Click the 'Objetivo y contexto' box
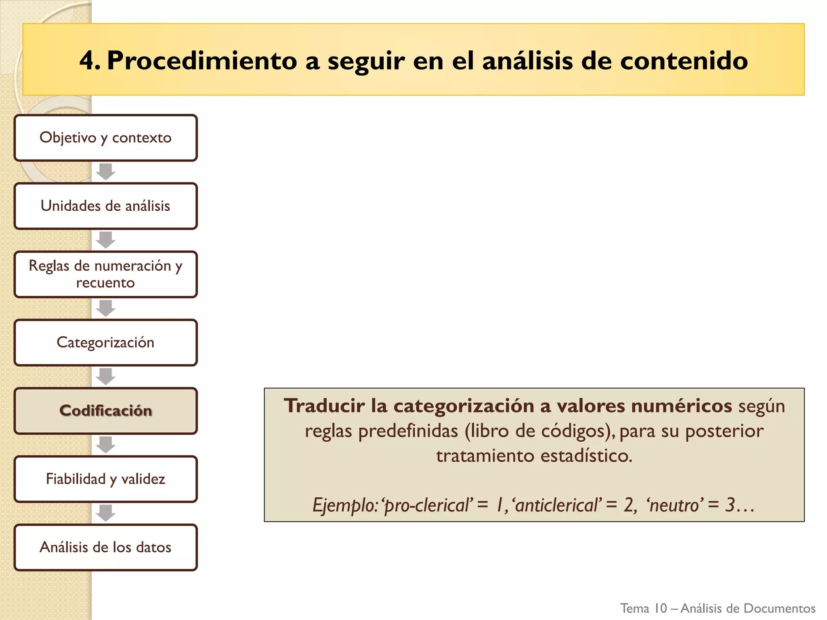point(105,138)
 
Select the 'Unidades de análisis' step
point(105,206)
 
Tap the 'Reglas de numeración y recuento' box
point(105,274)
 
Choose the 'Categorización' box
point(105,343)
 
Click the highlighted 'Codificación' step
point(105,411)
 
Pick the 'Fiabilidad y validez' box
point(105,479)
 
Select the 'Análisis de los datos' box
point(105,547)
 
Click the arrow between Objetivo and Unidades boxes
point(106,172)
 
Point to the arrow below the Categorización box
point(106,377)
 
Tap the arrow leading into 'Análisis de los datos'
point(106,513)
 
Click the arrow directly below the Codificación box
point(106,445)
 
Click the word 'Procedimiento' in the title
point(202,61)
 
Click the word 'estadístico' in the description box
point(586,456)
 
